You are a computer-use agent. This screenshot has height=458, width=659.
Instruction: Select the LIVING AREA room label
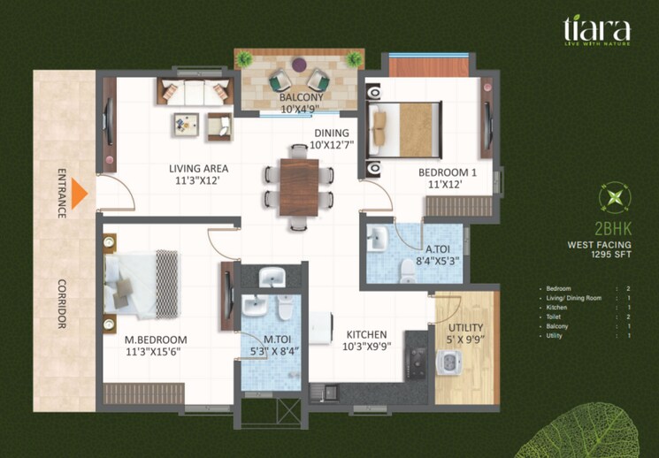[200, 168]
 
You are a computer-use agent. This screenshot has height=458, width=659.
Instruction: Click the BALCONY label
[301, 97]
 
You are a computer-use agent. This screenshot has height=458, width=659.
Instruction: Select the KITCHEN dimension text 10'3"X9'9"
[366, 347]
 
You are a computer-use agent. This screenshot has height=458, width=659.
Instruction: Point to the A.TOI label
[440, 249]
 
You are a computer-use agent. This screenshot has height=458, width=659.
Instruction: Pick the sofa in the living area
[195, 91]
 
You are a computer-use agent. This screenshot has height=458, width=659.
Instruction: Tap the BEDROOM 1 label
[448, 173]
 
